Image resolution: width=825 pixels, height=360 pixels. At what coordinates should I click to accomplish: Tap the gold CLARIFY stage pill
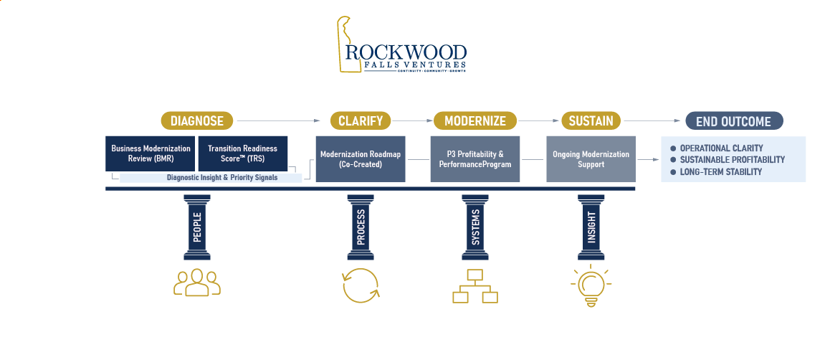tap(360, 120)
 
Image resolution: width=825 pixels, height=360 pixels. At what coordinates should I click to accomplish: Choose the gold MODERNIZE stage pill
tap(475, 120)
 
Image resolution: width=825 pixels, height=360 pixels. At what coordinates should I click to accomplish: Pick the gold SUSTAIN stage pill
tap(591, 120)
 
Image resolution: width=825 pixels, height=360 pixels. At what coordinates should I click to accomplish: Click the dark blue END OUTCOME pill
tap(734, 121)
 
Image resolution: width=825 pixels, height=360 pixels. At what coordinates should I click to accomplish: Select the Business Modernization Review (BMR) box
tap(151, 153)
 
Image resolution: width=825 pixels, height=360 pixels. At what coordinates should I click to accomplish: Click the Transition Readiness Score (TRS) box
tap(242, 153)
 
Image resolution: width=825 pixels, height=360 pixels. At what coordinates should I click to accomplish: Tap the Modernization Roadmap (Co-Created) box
tap(361, 158)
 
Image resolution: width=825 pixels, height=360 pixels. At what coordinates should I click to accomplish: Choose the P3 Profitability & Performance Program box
tap(475, 158)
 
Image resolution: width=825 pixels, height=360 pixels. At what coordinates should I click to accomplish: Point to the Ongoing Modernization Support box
tap(591, 158)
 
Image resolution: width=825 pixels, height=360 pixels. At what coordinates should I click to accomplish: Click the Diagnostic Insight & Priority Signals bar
tap(211, 177)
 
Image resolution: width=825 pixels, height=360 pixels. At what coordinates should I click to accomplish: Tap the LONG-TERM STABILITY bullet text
tap(720, 172)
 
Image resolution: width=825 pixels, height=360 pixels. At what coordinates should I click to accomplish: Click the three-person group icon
tap(196, 283)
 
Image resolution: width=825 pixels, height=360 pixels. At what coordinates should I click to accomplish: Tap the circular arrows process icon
tap(360, 285)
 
